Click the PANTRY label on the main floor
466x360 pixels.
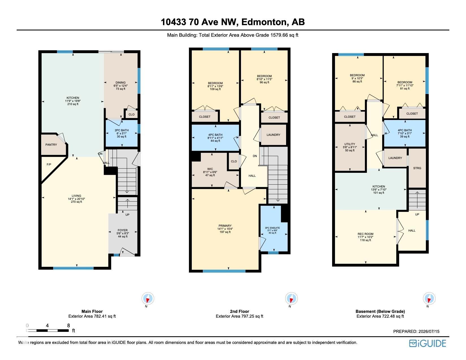(x=51, y=145)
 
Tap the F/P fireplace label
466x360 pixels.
(x=49, y=164)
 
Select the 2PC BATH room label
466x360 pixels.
(x=122, y=130)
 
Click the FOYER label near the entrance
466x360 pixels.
(x=123, y=230)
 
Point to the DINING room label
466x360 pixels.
(x=121, y=82)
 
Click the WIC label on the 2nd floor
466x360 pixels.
(x=210, y=169)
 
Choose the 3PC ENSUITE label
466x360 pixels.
(x=272, y=228)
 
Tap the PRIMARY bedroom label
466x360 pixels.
(x=225, y=226)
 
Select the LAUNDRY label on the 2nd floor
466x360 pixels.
(x=273, y=135)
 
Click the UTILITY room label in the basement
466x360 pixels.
(x=350, y=144)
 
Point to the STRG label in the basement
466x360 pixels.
(x=417, y=168)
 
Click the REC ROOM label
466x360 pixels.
(x=365, y=234)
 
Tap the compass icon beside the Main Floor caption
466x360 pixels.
(x=148, y=298)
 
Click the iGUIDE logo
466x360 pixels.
(x=428, y=344)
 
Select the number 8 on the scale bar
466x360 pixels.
(x=69, y=326)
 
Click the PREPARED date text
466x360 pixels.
(x=416, y=331)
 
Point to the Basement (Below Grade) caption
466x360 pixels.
(x=380, y=311)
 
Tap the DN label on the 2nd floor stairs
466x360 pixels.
(x=255, y=156)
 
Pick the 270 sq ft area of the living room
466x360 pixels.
(x=76, y=202)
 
